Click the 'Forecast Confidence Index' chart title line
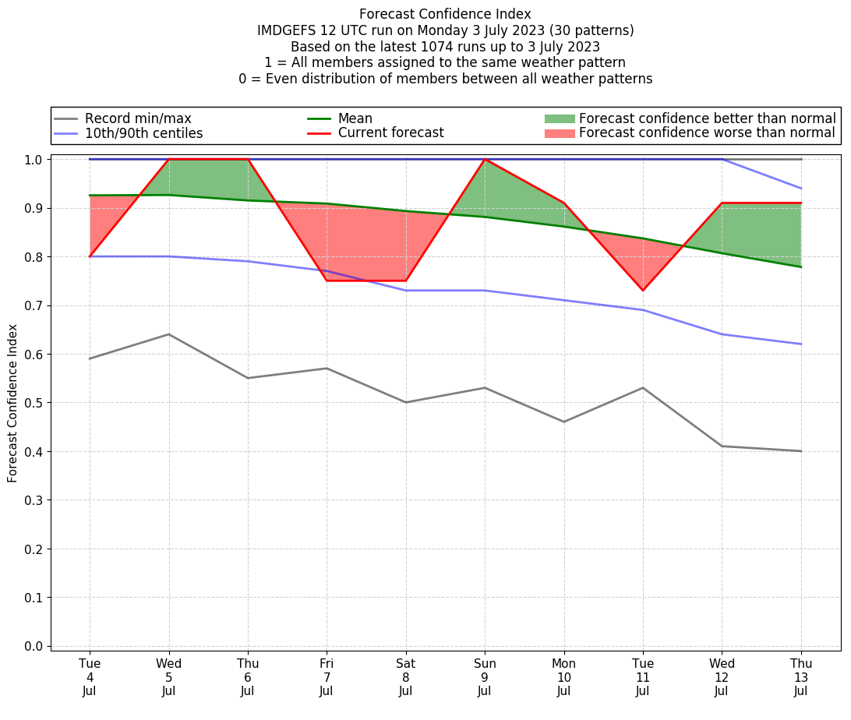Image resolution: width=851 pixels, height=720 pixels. pos(445,14)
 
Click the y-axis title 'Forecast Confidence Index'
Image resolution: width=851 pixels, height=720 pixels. pos(13,403)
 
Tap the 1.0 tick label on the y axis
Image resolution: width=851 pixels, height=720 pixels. pos(34,159)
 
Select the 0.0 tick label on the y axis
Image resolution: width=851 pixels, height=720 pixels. pos(34,646)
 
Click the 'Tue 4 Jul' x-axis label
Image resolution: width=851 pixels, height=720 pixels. pos(90,677)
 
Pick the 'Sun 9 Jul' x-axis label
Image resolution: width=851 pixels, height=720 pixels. pos(485,677)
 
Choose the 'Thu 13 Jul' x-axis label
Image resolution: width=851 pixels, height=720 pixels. pos(801,677)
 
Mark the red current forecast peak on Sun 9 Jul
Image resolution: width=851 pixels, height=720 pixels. pos(485,159)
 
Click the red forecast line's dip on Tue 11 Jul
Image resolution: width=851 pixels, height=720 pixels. pos(643,291)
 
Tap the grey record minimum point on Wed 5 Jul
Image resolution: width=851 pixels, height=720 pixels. pos(169,334)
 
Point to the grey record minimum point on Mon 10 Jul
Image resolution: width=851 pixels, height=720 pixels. pos(564,422)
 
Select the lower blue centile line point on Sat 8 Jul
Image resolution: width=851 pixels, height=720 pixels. pos(406,291)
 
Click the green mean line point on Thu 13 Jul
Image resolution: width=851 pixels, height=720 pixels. pos(801,266)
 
